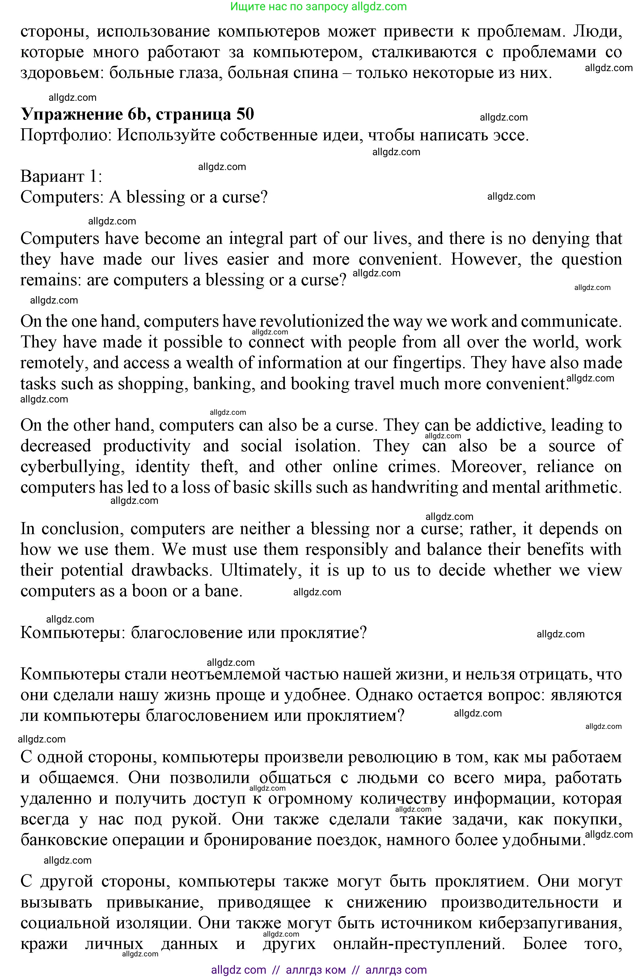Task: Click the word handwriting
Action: [x=414, y=487]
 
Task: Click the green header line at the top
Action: [x=319, y=6]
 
